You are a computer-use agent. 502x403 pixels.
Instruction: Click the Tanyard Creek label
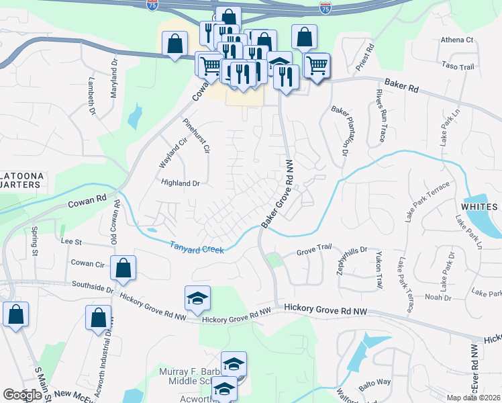tap(196, 248)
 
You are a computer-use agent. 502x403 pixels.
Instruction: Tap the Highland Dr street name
tap(181, 183)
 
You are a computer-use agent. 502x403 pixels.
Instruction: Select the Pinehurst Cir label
tap(197, 137)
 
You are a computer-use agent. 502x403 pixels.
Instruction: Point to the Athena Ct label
tap(458, 40)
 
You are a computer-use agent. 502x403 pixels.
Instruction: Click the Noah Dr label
tap(438, 296)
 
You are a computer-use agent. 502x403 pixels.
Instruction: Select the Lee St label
tap(70, 241)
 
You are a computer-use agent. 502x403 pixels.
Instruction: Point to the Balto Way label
tap(374, 382)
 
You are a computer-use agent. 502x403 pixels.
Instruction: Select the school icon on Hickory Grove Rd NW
tap(197, 298)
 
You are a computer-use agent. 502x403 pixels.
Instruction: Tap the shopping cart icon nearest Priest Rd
tap(316, 66)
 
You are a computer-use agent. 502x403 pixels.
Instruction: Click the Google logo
tap(22, 395)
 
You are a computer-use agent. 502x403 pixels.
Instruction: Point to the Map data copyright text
tap(472, 398)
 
